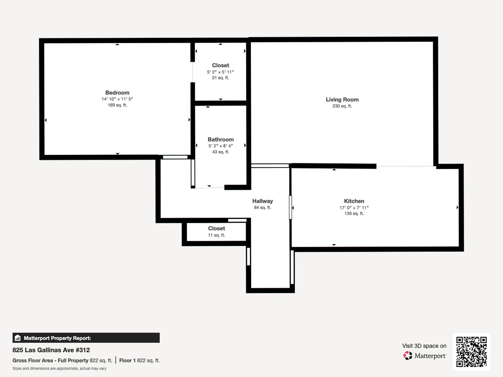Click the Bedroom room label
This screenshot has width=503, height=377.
(117, 93)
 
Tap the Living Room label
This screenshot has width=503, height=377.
(342, 100)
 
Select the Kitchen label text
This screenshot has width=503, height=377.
(354, 201)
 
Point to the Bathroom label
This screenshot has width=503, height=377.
(221, 139)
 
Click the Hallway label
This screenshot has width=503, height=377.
(263, 201)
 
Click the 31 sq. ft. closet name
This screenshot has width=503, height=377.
(220, 65)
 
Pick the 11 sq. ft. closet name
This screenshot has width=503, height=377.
(217, 228)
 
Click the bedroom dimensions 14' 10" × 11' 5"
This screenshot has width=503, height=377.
(117, 99)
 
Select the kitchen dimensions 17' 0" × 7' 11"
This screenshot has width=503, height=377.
(354, 208)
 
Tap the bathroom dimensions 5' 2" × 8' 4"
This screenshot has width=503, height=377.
(221, 146)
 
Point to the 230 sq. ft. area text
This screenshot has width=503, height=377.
(342, 106)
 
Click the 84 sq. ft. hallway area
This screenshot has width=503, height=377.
(263, 207)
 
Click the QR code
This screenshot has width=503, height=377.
(471, 352)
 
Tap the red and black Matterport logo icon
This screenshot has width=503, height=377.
(408, 356)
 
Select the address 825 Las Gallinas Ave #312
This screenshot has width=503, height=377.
(51, 350)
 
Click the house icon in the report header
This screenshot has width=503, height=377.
(18, 338)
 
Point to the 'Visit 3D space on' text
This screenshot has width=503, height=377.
(424, 346)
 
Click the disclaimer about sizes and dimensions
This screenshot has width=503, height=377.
(59, 369)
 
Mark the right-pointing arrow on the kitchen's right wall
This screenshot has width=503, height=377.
(457, 207)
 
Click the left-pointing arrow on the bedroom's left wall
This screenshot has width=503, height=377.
(46, 120)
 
